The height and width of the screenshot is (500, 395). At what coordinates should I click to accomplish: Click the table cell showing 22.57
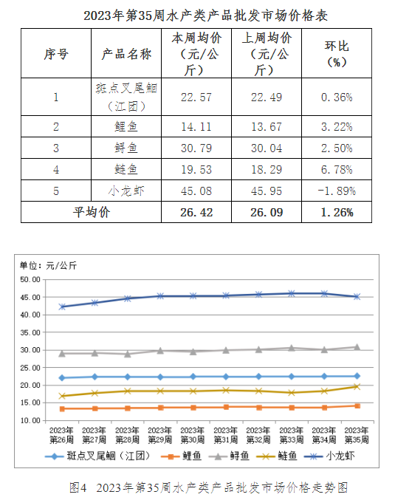196,97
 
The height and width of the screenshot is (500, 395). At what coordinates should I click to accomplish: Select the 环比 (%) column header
337,54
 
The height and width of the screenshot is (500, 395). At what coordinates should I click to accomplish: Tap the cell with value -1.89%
337,191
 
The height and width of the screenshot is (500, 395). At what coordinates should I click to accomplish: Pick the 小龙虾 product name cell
126,191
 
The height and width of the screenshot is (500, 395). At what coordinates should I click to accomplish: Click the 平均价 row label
92,212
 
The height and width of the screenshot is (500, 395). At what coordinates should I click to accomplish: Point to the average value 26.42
196,213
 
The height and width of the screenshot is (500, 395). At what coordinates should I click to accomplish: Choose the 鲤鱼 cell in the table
126,126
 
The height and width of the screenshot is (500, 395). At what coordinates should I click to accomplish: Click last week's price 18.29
267,169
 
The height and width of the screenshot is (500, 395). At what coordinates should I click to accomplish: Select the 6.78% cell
337,169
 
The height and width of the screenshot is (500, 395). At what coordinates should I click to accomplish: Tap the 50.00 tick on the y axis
30,280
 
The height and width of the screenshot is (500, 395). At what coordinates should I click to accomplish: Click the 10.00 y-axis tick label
30,420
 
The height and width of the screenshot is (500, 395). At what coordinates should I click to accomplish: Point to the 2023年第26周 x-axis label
61,435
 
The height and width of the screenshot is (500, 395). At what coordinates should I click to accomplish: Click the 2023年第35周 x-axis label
357,435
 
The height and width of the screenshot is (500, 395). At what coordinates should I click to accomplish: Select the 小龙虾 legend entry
329,456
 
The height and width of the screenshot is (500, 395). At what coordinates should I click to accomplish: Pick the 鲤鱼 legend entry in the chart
181,456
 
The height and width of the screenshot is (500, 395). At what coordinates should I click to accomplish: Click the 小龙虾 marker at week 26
62,306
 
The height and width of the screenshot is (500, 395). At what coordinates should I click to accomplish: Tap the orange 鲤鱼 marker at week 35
357,406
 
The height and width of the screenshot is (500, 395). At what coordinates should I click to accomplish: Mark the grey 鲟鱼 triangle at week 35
357,347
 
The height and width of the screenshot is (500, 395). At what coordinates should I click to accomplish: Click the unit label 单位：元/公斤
48,265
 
